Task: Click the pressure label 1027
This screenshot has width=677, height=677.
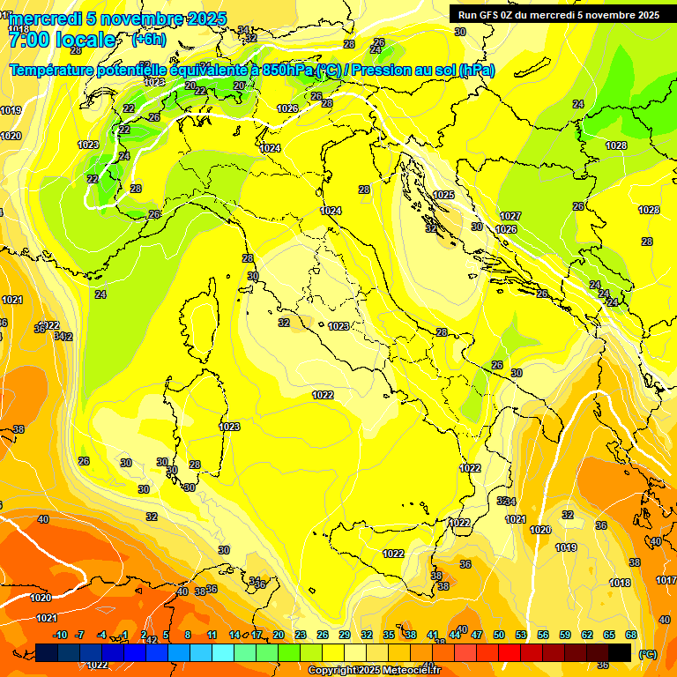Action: point(510,216)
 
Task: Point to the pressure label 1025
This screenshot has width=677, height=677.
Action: point(443,195)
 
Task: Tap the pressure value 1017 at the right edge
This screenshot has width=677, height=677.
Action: point(666,580)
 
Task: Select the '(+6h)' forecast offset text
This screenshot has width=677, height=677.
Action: point(148,39)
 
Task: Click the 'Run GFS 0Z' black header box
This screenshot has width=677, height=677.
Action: point(559,15)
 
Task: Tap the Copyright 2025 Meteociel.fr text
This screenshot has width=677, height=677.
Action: point(375,670)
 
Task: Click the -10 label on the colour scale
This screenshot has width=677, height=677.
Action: point(60,635)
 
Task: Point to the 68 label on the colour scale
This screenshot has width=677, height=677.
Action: point(631,635)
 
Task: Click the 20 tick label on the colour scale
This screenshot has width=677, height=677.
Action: point(279,635)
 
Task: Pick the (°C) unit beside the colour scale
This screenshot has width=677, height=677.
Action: point(647,654)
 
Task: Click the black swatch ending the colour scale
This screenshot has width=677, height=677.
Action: point(620,652)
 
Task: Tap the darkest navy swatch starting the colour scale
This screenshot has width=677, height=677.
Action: point(48,652)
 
